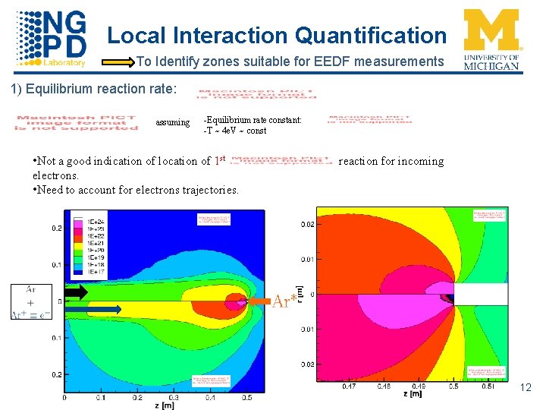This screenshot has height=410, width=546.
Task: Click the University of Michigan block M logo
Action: tap(491, 30)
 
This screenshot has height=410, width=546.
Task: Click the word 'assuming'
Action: tap(172, 122)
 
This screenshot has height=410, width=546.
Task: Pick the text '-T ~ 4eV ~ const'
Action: tap(234, 131)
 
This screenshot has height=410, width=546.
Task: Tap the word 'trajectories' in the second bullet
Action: tap(209, 190)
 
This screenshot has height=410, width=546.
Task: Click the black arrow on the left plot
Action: tap(77, 292)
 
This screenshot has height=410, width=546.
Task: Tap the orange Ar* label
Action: tap(284, 301)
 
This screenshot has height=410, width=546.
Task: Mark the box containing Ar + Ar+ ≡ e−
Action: tap(31, 301)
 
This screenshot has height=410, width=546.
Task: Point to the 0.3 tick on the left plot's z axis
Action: tap(174, 397)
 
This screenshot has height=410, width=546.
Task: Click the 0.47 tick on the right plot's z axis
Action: tap(348, 386)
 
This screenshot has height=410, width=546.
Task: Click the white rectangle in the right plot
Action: tap(479, 295)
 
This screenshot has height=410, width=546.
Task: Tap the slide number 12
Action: tap(526, 388)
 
